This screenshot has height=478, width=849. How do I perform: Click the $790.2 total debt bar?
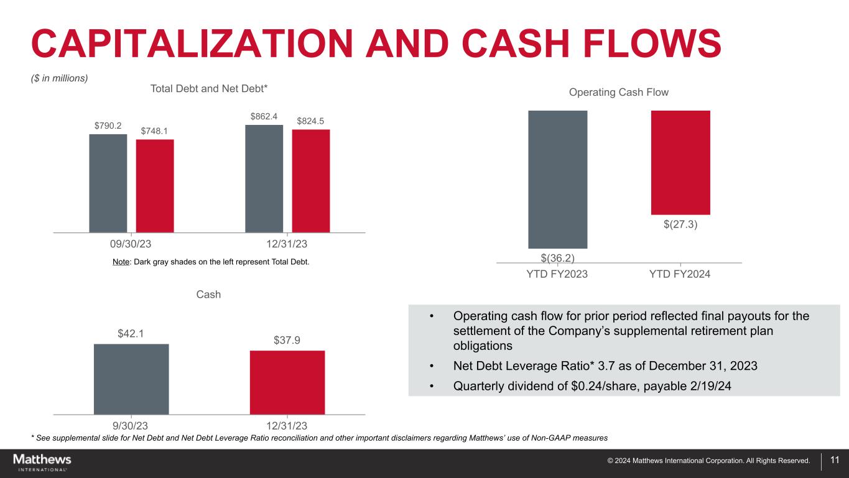(x=108, y=183)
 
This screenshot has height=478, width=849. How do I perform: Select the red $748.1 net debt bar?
(x=155, y=185)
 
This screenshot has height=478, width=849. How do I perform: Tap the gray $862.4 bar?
(x=264, y=178)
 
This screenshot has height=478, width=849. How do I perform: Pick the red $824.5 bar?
(x=311, y=180)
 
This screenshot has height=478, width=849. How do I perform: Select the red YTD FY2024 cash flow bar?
(x=680, y=162)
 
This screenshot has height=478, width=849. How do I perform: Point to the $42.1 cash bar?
(x=131, y=379)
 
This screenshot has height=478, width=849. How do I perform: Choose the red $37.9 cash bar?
(x=287, y=382)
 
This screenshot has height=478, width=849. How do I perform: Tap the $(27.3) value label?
(x=680, y=224)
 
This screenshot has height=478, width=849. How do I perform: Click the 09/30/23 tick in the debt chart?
(x=131, y=244)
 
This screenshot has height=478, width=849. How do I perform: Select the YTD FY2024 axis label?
(x=680, y=274)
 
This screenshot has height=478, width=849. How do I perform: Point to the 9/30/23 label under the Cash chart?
(x=131, y=426)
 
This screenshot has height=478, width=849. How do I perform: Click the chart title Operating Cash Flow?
(x=618, y=93)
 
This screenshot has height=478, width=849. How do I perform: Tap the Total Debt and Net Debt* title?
(x=209, y=89)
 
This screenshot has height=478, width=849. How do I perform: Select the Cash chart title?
(x=208, y=295)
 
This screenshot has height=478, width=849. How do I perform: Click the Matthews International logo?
(x=42, y=462)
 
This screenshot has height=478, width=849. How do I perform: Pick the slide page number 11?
(x=835, y=461)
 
